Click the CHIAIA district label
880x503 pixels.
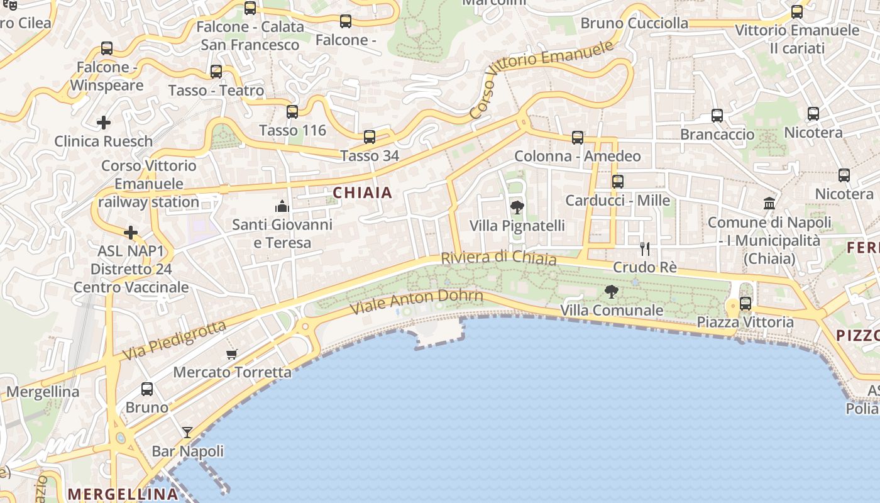[363, 193]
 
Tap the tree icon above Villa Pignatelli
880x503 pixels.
[517, 207]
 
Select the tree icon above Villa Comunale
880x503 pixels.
[611, 291]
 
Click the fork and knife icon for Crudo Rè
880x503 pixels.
[645, 248]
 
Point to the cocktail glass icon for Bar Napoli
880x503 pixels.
[187, 433]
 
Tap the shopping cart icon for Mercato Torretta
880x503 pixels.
[232, 354]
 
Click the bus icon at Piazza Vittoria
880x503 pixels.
[745, 304]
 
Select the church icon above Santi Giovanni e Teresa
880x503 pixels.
[282, 206]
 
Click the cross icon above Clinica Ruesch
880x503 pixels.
[104, 123]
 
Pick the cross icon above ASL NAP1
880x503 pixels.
[131, 233]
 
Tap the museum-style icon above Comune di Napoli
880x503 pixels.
[769, 203]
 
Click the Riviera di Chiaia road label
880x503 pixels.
[498, 258]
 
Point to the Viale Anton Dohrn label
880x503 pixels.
[416, 302]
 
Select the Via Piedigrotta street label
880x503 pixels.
[173, 341]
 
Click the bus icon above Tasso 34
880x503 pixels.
[370, 137]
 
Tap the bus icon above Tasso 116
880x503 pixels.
[292, 112]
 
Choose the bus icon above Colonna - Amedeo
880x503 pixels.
[578, 138]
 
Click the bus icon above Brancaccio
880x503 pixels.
[717, 116]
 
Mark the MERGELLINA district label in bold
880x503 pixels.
[123, 494]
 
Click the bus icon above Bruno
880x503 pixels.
[147, 389]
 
